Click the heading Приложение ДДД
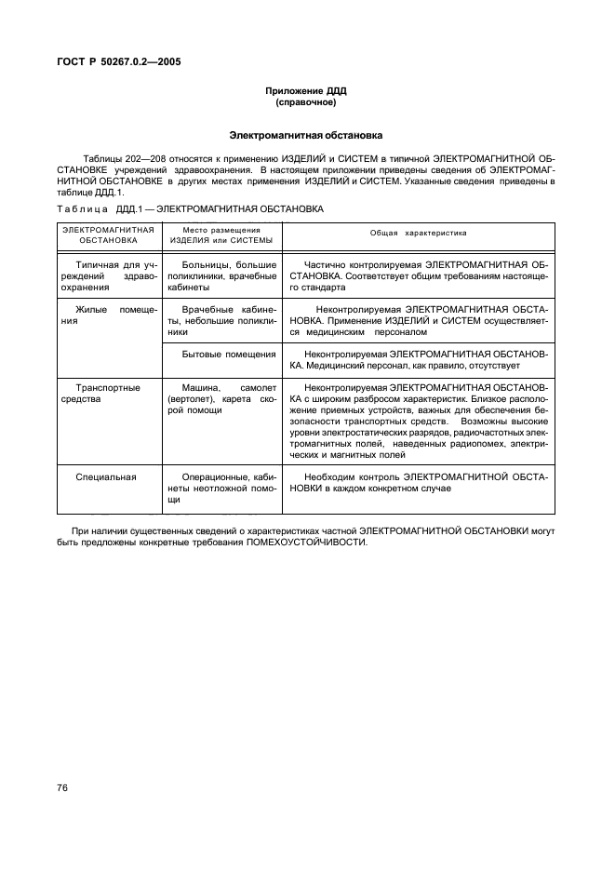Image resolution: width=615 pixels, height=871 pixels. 306,90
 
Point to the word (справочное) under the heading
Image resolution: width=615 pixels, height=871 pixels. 306,101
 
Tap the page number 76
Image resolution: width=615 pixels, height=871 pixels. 62,788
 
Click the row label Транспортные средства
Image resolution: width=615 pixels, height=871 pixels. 107,393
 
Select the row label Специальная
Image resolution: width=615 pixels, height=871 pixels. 107,476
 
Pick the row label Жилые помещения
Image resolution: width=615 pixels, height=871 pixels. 107,314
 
